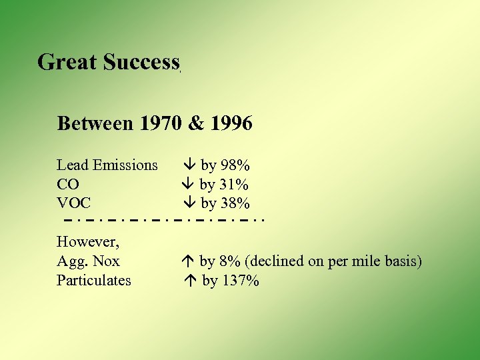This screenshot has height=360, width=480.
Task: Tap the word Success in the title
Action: click(141, 62)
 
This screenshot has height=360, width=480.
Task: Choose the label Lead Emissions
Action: click(107, 165)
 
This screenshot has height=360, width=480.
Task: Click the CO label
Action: click(68, 184)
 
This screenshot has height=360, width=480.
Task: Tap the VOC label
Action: click(73, 203)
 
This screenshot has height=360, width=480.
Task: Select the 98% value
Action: click(235, 165)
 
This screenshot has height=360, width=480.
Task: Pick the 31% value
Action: click(234, 184)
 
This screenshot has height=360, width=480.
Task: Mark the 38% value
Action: click(235, 203)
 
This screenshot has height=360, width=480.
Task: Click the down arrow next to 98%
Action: click(189, 165)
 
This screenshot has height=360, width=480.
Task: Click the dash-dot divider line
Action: click(164, 219)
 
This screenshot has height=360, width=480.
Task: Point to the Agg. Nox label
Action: click(88, 261)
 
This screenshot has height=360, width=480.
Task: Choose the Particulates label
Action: click(94, 280)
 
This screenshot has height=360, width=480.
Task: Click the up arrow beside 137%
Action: click(189, 281)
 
